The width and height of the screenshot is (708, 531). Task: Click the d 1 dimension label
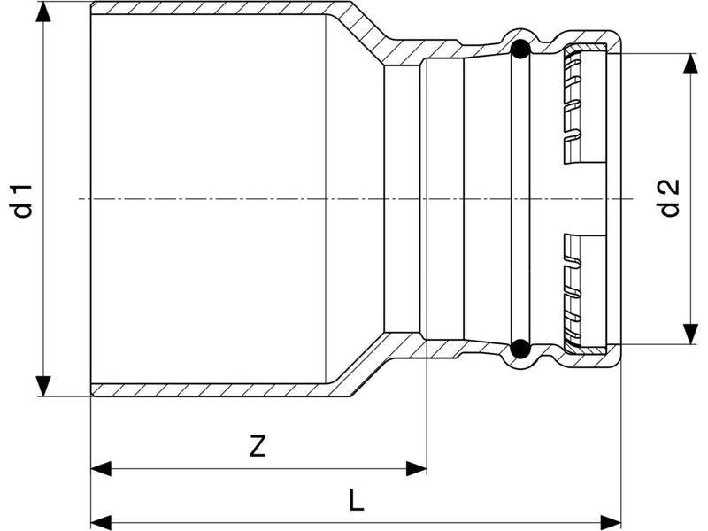tap(23, 201)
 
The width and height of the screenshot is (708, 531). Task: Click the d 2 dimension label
tap(669, 198)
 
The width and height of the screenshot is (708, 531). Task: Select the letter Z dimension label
tap(258, 446)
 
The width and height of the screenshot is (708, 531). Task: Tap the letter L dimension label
tap(357, 500)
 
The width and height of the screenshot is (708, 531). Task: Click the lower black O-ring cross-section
tap(520, 348)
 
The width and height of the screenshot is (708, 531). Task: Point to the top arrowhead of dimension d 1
tap(43, 12)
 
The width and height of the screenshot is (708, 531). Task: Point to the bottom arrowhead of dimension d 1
tap(43, 386)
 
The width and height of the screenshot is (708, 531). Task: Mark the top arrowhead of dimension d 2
tap(690, 64)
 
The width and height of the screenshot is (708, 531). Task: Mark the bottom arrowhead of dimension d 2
tap(690, 334)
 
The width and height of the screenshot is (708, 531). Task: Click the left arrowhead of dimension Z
tap(101, 469)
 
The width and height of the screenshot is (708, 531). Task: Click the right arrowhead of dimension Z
tap(416, 469)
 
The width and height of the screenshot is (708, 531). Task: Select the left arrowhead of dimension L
tap(101, 522)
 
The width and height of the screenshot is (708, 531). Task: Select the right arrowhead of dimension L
tap(611, 522)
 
